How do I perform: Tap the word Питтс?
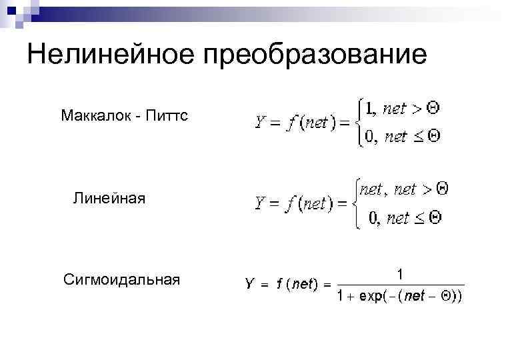(167, 116)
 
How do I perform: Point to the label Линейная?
(109, 198)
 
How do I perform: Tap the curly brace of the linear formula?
(354, 204)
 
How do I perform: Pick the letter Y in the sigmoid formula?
(249, 284)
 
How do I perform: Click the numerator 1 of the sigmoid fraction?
(399, 273)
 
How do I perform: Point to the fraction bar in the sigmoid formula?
(399, 285)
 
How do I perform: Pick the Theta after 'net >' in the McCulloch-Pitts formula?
(433, 107)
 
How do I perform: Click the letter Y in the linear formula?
(261, 203)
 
